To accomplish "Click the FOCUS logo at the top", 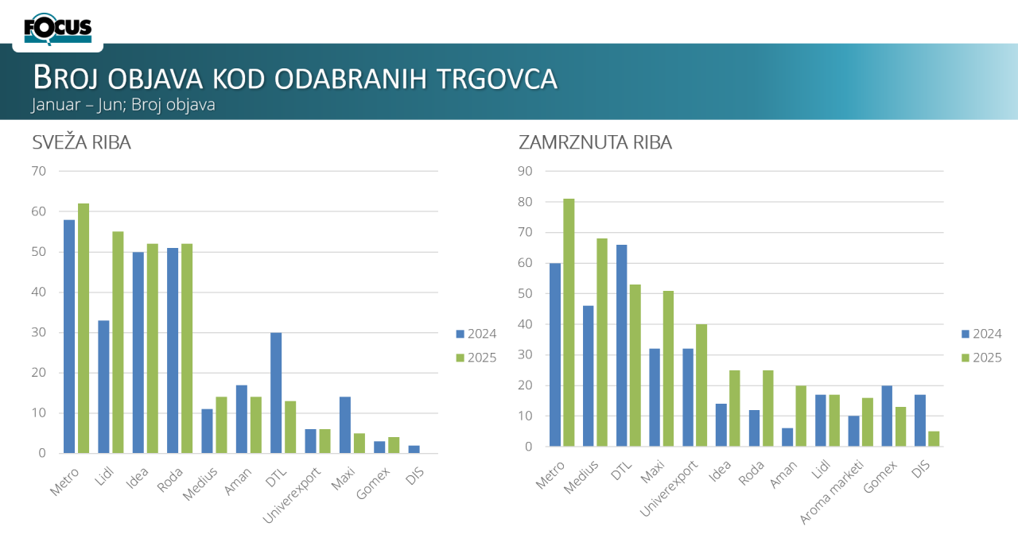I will click(x=58, y=29).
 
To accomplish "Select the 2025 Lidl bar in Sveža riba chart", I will click(x=118, y=343).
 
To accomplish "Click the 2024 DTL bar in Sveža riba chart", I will click(x=276, y=393).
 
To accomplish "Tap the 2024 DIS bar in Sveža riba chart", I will click(x=414, y=449).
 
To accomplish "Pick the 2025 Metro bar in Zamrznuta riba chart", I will click(x=569, y=323).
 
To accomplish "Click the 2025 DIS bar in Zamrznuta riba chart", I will click(x=934, y=439).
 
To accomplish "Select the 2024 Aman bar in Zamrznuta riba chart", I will click(x=787, y=437).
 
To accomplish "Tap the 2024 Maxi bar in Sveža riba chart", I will click(x=345, y=425).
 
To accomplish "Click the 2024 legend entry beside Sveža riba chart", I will click(x=476, y=334).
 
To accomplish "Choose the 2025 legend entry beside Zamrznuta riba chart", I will click(x=982, y=358).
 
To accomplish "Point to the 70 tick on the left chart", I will click(x=39, y=171).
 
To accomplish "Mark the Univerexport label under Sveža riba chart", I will click(x=293, y=496).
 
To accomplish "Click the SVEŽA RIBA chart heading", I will click(x=82, y=143).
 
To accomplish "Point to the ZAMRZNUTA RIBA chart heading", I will click(x=595, y=143).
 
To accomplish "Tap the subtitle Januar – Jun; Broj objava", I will click(x=123, y=104).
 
